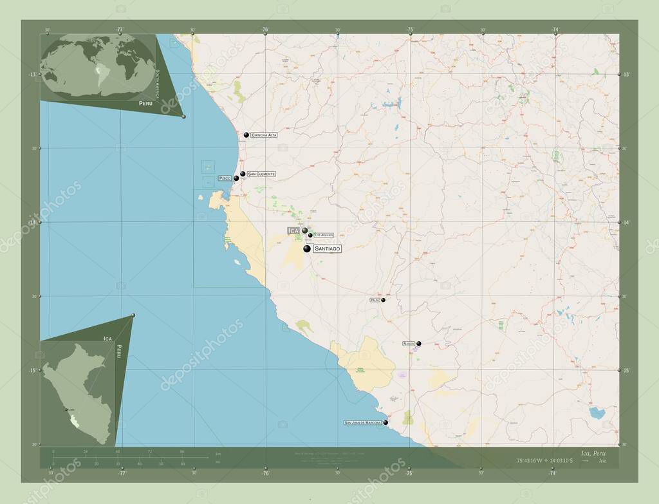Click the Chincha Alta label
coord(264,135)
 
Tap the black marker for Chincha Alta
coord(246,135)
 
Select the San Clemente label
coord(261,174)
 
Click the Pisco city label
coord(225,178)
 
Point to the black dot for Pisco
coord(236,178)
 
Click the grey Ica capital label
coord(293,230)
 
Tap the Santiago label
coord(328,248)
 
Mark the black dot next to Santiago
coord(307,248)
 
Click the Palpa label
coord(374,300)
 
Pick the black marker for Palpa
coord(383,300)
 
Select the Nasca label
coord(409,344)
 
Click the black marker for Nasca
coord(419,344)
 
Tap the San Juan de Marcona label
coord(364,423)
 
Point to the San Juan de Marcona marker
coord(386,423)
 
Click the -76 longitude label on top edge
coord(265,29)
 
